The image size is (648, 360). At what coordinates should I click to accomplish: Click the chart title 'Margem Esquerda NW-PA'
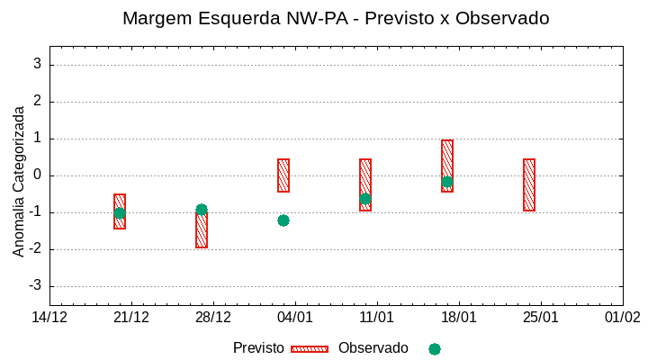coord(336,18)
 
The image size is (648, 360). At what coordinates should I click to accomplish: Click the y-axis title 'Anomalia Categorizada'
coord(19,181)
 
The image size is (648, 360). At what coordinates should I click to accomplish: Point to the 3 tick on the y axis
coord(37,64)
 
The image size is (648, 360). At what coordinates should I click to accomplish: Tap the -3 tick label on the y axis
coord(34,286)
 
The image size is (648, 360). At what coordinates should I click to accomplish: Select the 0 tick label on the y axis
coord(37,175)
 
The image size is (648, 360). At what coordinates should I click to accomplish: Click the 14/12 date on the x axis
coord(49,318)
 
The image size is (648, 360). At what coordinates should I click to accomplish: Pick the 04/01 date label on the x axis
coord(294,318)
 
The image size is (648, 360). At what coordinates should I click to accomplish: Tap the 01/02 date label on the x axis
coord(622,318)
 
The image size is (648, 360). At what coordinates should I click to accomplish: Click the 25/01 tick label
coord(540,318)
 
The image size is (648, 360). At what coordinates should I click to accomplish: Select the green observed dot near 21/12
coord(120,213)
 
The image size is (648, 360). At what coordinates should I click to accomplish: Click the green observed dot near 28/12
coord(202,210)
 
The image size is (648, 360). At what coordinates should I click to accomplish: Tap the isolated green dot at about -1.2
coord(283,220)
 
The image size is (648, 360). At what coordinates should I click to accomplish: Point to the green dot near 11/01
coord(365,199)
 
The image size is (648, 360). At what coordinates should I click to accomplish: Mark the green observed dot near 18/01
coord(447,182)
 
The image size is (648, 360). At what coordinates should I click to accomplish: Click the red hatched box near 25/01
coord(529,184)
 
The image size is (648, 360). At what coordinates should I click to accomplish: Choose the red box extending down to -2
coord(202,232)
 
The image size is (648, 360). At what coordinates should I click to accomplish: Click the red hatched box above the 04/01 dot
coord(283,175)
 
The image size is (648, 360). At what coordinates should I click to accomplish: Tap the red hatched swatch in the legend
coord(310,349)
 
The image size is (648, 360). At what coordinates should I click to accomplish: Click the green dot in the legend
coord(435,349)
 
